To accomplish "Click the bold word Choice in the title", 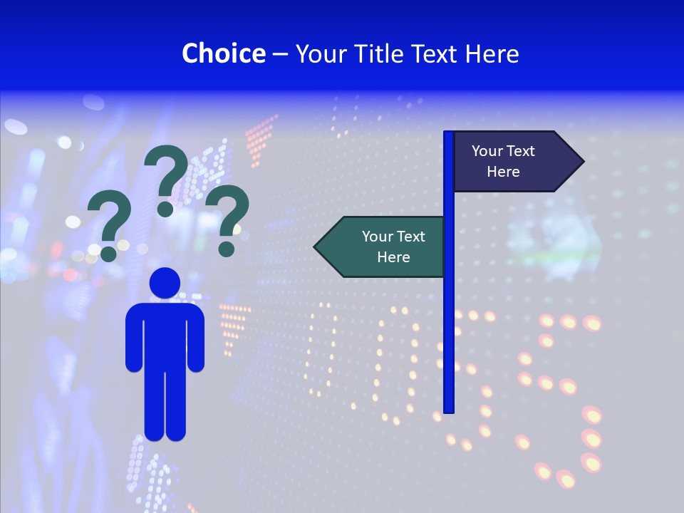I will [x=223, y=53].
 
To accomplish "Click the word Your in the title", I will [x=320, y=53].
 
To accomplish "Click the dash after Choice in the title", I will [x=279, y=54].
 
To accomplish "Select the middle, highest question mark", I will [x=166, y=178].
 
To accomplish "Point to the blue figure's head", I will [x=165, y=284].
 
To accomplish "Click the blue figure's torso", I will [x=165, y=335].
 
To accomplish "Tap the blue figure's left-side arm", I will [x=134, y=338].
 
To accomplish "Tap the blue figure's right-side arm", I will [x=196, y=338].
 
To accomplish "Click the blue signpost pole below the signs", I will [x=449, y=342].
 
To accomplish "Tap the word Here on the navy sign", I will [x=503, y=172].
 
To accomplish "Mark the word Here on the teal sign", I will [x=393, y=257].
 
